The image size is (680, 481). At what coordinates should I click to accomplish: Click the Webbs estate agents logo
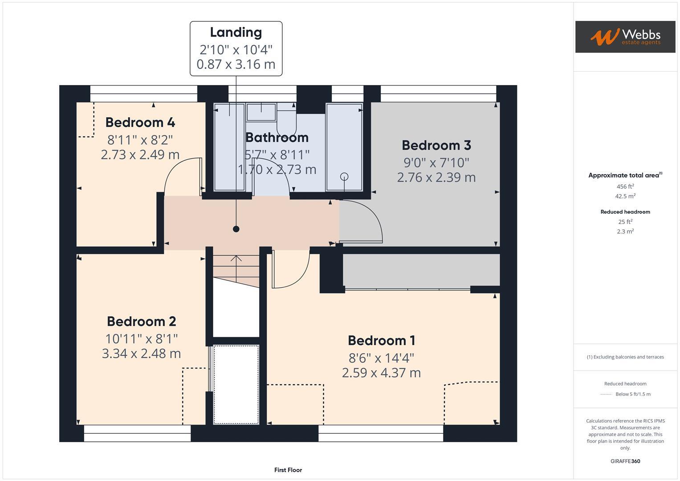point(625,37)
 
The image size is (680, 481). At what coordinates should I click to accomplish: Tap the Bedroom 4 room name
point(140,122)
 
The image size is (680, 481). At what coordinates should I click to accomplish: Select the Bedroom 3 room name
point(436,145)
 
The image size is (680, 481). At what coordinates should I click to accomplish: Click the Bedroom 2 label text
point(141,321)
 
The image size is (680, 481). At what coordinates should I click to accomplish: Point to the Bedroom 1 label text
point(381,340)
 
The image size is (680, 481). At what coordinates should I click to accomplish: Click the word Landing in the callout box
point(236,32)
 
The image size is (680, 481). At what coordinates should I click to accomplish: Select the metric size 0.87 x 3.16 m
point(236,64)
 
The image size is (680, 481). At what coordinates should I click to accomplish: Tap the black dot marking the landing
point(236,229)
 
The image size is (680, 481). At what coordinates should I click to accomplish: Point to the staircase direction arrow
point(236,260)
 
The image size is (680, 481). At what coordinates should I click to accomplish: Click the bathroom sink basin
point(261,112)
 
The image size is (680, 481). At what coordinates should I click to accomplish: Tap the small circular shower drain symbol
point(344,177)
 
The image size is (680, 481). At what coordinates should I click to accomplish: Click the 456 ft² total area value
point(625,187)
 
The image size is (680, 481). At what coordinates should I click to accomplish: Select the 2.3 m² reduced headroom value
point(625,232)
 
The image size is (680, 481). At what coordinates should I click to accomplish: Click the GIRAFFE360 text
point(625,461)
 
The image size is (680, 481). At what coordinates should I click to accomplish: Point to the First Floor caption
point(288,470)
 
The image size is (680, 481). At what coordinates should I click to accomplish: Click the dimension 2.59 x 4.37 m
point(381,373)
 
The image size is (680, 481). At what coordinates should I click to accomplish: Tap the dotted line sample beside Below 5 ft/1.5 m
point(606,394)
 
